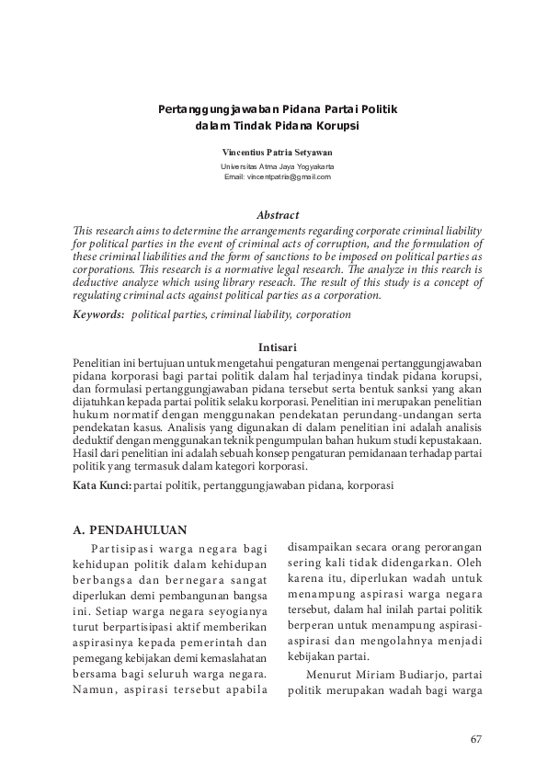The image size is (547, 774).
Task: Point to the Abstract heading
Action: pos(277,215)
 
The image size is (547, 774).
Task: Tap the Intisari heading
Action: pos(277,347)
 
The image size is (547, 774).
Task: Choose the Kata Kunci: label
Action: pos(102,484)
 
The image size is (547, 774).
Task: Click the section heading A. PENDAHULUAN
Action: pos(130,530)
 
